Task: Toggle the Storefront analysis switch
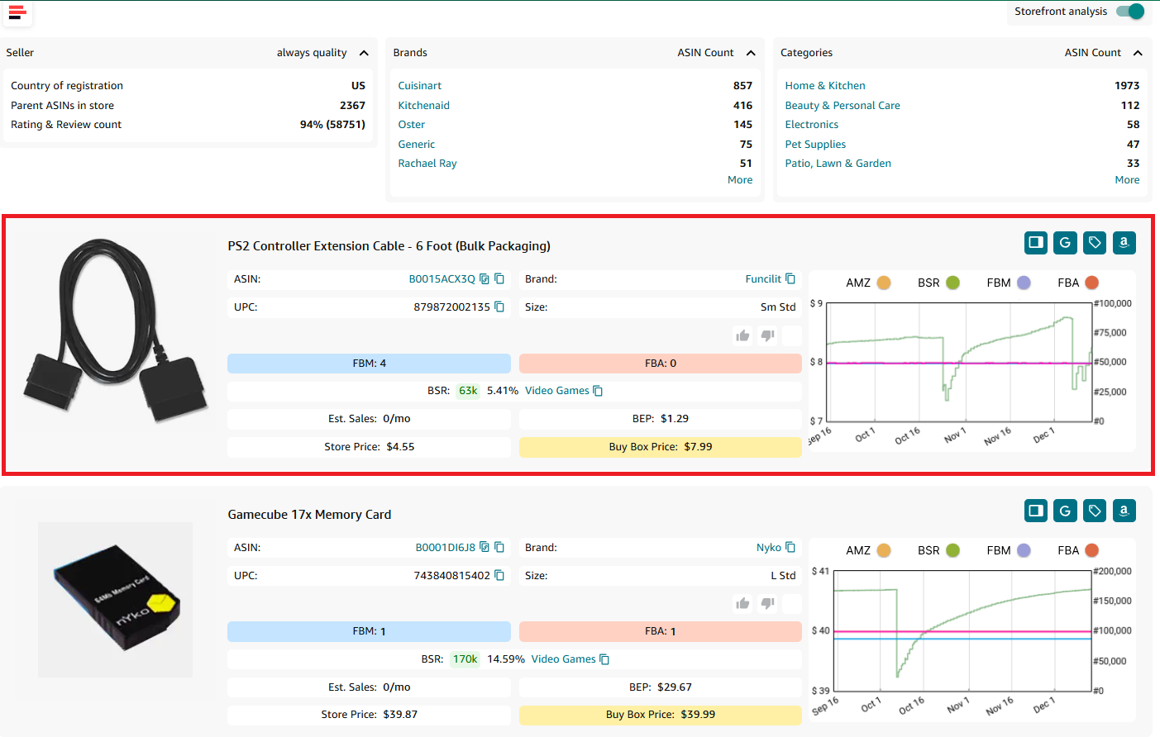point(1129,12)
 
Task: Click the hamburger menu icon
point(17,12)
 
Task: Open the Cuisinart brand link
point(419,86)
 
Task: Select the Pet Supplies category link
point(814,145)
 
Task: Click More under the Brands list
point(739,180)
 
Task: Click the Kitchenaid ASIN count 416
point(742,106)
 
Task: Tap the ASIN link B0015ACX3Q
point(442,279)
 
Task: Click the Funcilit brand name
point(762,279)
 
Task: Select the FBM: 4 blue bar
point(369,364)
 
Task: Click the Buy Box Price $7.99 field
point(660,447)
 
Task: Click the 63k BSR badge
point(468,391)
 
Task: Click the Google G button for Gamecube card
point(1065,511)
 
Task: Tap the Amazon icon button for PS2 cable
point(1124,243)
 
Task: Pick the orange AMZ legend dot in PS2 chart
point(884,283)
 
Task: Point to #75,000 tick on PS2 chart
point(1113,333)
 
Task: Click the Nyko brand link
point(768,548)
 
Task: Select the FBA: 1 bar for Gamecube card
point(660,631)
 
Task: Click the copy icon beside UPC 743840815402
point(499,576)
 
